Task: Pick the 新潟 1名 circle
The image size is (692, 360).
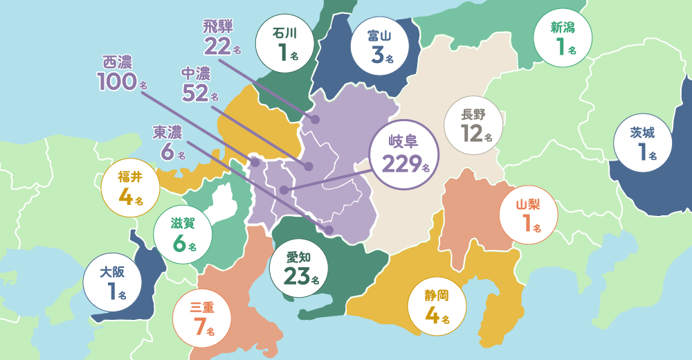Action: (x=561, y=39)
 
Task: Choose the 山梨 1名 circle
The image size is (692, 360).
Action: (x=527, y=215)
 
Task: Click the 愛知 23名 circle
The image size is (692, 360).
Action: (x=301, y=269)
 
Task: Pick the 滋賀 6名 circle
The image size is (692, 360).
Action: (x=182, y=233)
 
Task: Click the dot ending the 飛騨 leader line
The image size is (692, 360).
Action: (x=316, y=119)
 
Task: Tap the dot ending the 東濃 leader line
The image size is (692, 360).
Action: (x=329, y=229)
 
